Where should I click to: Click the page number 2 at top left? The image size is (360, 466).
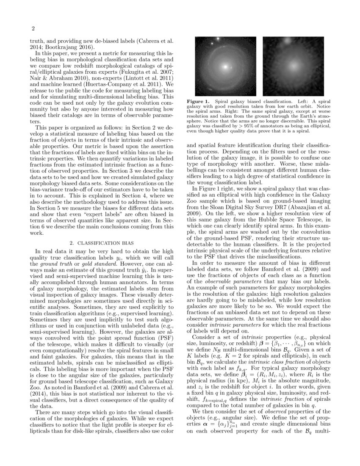32,29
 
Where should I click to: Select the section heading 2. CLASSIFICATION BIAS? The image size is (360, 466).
102,243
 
